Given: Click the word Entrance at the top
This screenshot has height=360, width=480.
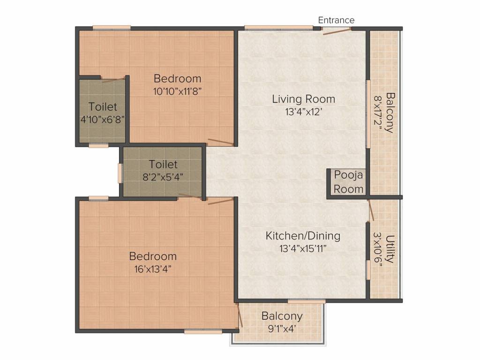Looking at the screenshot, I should [336, 20].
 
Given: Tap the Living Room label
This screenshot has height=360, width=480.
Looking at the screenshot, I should [304, 99].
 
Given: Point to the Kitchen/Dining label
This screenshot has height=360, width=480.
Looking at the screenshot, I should [303, 236].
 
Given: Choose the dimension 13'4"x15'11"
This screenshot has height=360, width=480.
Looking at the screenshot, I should [303, 248].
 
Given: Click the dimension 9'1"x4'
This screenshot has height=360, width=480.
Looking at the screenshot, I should [282, 329].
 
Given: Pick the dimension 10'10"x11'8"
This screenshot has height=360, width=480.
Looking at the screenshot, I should [177, 91].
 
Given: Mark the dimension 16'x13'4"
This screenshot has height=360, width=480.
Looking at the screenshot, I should [153, 269].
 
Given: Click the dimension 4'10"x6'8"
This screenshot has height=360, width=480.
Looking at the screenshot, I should [103, 120].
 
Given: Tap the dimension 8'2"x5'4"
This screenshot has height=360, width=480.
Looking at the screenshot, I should [163, 177].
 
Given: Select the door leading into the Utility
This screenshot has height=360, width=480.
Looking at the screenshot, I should [371, 210].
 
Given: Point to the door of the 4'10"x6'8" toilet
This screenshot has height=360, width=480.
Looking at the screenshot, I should [113, 80].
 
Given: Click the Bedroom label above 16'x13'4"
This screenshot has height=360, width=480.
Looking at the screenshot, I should [153, 256].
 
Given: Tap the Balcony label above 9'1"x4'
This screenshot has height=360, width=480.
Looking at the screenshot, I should [282, 316].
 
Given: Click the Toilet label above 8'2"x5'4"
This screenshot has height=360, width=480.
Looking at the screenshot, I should [163, 165].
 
